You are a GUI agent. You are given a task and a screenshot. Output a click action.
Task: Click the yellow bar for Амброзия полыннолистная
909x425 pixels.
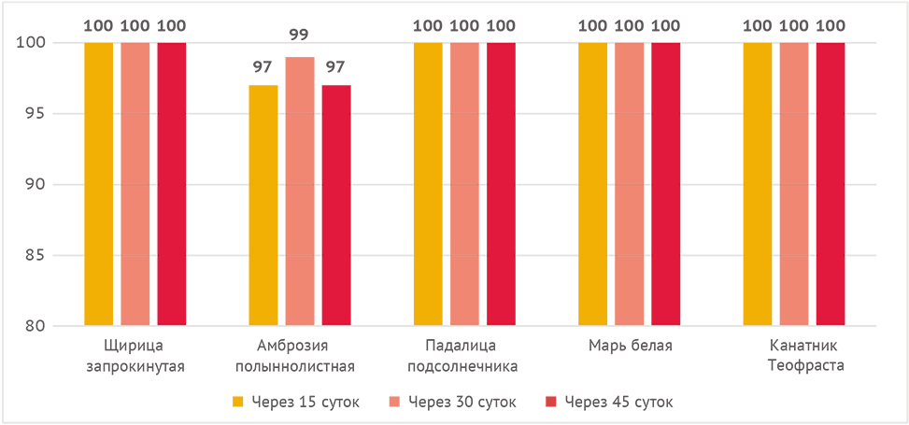(263, 205)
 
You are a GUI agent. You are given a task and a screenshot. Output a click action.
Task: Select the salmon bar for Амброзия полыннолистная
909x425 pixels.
(300, 191)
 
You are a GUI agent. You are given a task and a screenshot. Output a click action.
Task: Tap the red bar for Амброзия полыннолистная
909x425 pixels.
(336, 205)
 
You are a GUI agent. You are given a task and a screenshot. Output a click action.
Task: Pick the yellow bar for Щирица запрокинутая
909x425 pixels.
(98, 184)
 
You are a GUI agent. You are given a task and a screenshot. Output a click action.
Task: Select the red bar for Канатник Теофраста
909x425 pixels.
(831, 184)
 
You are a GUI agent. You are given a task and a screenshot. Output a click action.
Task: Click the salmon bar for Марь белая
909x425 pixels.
(630, 184)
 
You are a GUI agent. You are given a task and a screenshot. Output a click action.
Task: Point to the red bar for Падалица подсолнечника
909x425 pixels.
(501, 184)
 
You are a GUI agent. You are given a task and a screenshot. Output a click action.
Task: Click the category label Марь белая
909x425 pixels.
(630, 347)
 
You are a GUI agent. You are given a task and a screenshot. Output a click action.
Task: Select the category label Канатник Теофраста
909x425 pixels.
(794, 356)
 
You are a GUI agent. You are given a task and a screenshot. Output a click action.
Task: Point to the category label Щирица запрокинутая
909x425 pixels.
(135, 356)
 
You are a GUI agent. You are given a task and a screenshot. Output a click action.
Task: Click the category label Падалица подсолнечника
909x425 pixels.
(464, 356)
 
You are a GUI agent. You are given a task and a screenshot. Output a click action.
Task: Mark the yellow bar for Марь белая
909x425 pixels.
(593, 184)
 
